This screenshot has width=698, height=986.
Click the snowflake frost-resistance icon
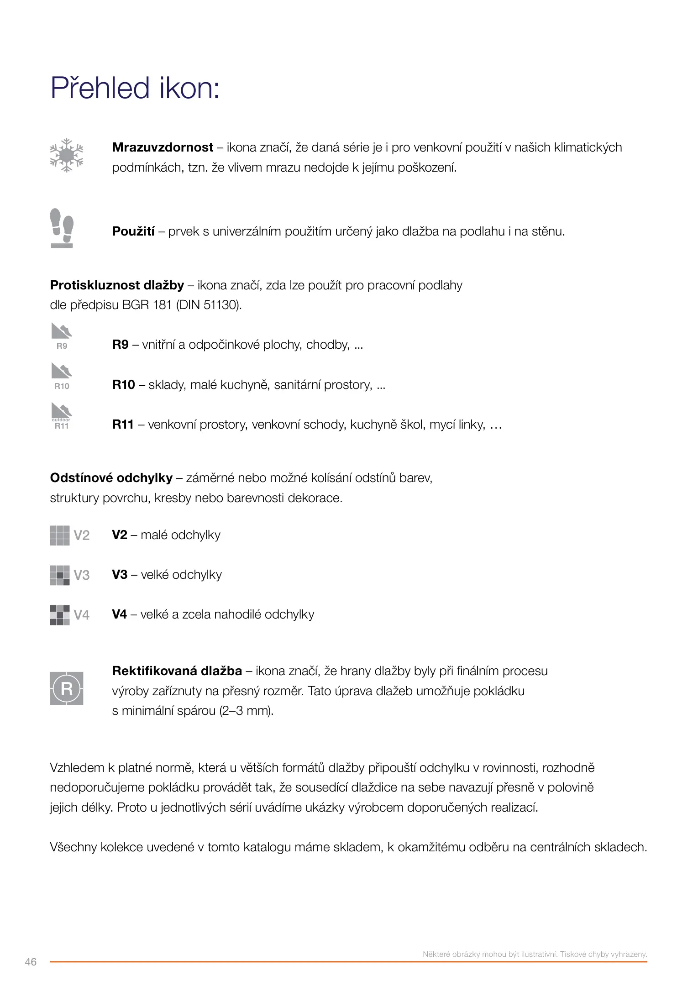pyautogui.click(x=67, y=156)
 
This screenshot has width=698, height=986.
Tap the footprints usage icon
pyautogui.click(x=62, y=228)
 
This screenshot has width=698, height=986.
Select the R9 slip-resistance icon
pyautogui.click(x=62, y=336)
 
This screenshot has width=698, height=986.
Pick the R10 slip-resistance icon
pyautogui.click(x=62, y=376)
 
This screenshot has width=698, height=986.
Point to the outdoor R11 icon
pyautogui.click(x=62, y=416)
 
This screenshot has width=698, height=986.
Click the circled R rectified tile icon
pyautogui.click(x=67, y=688)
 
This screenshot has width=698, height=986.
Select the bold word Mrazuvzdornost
pyautogui.click(x=163, y=147)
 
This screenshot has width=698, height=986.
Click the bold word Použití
pyautogui.click(x=133, y=231)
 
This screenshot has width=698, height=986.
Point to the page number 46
pyautogui.click(x=31, y=962)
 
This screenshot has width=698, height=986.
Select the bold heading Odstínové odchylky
pyautogui.click(x=111, y=478)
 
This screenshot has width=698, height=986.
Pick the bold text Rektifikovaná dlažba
pyautogui.click(x=177, y=671)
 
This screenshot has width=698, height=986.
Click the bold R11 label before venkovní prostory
pyautogui.click(x=123, y=425)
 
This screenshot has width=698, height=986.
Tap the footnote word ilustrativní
pyautogui.click(x=535, y=954)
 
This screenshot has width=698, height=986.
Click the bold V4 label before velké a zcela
pyautogui.click(x=120, y=614)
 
